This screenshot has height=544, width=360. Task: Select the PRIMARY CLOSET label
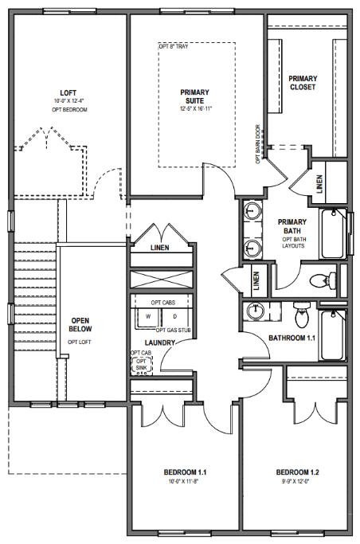(302, 82)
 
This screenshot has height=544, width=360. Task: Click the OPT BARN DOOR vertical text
(258, 143)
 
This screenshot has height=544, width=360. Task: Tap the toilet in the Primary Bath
(321, 280)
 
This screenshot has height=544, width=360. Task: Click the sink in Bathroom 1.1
(256, 310)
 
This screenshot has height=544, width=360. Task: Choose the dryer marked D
(174, 316)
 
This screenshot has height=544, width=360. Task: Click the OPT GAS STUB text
(172, 330)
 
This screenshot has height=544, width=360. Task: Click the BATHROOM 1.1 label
(292, 338)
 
